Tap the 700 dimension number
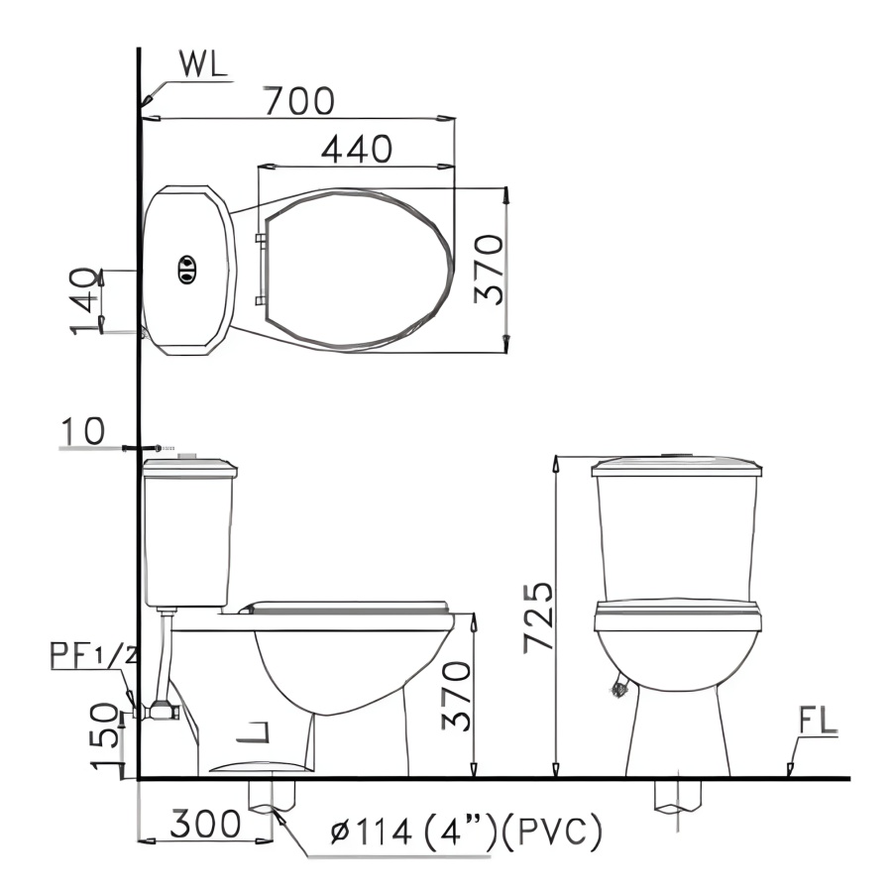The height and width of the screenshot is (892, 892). coord(299,101)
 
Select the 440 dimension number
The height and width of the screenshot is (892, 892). coord(357,149)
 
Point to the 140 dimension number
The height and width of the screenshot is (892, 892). coord(83,300)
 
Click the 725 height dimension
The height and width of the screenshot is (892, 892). coord(538,616)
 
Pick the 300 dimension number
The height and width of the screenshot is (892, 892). coord(205,825)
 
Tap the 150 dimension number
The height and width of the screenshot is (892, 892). coord(106,736)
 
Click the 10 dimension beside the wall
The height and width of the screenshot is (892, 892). coord(83,431)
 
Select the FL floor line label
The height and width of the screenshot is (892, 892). coord(818,721)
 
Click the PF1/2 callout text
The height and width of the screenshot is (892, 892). coord(94,655)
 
